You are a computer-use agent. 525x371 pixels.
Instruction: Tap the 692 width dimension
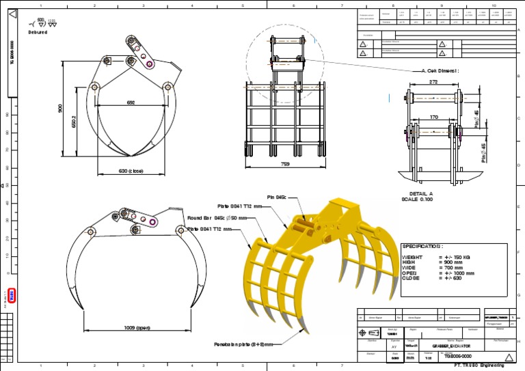(131, 102)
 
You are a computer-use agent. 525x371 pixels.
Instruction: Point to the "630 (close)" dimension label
(134, 171)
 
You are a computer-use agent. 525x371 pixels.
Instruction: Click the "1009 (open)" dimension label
(137, 327)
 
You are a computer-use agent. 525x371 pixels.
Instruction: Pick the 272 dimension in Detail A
(433, 82)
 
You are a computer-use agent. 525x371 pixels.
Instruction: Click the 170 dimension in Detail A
(433, 117)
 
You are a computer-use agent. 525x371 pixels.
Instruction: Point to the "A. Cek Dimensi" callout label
(440, 70)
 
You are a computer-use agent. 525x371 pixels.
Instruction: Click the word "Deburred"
(38, 32)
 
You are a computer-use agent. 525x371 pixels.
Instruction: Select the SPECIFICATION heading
(422, 246)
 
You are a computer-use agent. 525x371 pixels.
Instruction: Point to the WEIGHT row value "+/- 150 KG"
(456, 257)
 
